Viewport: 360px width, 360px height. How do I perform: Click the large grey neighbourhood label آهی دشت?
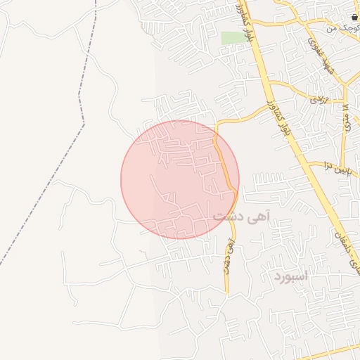[241, 217]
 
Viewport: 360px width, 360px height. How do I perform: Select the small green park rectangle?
[231, 38]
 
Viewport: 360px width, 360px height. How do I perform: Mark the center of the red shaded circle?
[179, 179]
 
